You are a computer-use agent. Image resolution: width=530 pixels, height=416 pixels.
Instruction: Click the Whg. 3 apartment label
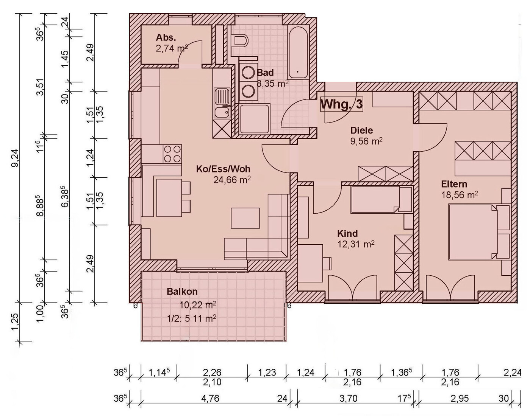pos(341,104)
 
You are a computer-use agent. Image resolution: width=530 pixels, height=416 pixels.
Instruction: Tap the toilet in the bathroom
pos(240,41)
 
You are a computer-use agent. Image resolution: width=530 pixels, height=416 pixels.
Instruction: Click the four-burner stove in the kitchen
pos(172,154)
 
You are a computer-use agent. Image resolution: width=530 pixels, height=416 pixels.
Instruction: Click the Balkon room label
pos(182,292)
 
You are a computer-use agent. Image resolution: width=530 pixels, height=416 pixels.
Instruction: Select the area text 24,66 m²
pos(232,180)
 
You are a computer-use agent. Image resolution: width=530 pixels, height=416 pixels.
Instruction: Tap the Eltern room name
pos(454,184)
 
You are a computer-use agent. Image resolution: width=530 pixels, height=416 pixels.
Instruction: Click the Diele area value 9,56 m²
pos(366,141)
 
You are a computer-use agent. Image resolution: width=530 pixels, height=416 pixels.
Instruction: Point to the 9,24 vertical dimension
pos(15,158)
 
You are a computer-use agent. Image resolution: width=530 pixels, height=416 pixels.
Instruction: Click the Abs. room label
pos(166,37)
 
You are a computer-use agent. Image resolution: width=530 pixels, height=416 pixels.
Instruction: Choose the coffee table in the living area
pos(245,218)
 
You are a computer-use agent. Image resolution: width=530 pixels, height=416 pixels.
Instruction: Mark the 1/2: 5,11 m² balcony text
pos(192,319)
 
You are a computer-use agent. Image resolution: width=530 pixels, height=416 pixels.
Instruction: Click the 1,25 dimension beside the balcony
pos(15,322)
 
